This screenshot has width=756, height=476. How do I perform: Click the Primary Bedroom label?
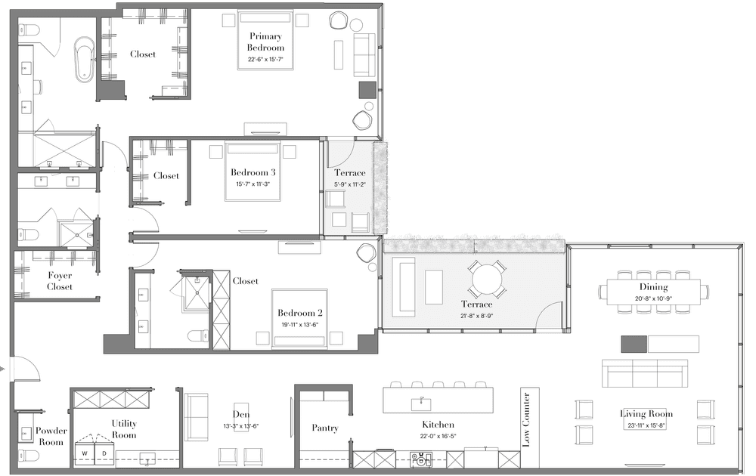[265, 42]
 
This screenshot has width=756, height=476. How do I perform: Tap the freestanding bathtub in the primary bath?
[85, 58]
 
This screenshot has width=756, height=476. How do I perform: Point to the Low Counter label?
[526, 419]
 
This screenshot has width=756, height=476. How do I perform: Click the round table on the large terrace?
[488, 280]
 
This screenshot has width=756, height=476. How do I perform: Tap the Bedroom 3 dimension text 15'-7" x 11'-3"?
[253, 184]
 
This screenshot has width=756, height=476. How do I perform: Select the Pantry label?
[325, 428]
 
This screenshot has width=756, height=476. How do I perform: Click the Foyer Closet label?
[60, 281]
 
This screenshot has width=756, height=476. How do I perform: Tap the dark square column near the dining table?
[634, 344]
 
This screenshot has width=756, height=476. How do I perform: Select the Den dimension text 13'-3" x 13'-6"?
[241, 426]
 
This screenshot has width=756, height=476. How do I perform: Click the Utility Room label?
[124, 429]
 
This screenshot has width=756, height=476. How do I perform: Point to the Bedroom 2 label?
[300, 313]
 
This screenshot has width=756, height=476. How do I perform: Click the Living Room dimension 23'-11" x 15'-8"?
[646, 425]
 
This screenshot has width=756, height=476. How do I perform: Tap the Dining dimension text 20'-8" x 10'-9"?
[653, 298]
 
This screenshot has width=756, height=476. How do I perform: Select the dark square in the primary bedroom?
[367, 90]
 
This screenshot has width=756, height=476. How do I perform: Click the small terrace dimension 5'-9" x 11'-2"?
[350, 184]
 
